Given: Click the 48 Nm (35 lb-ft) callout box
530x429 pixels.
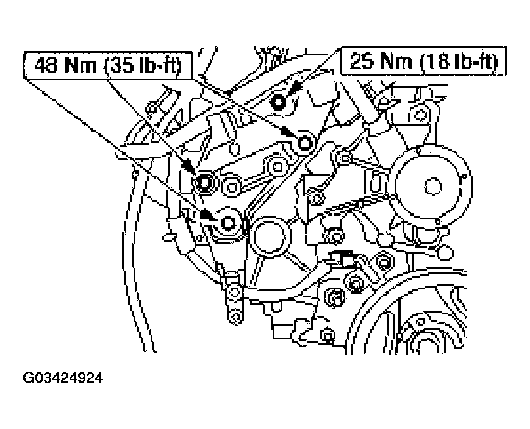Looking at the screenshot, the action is click(107, 65).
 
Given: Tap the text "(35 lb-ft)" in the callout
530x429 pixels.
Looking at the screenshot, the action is click(144, 65).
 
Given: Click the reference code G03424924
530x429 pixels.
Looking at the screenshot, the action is click(63, 378).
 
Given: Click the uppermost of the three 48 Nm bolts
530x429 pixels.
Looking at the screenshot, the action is click(304, 143).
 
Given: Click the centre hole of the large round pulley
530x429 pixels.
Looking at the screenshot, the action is click(431, 183).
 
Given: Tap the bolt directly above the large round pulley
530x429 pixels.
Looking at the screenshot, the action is click(418, 112).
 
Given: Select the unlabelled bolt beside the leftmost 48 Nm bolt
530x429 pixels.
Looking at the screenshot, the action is click(231, 186).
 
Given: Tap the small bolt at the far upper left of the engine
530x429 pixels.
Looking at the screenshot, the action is click(149, 108).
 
